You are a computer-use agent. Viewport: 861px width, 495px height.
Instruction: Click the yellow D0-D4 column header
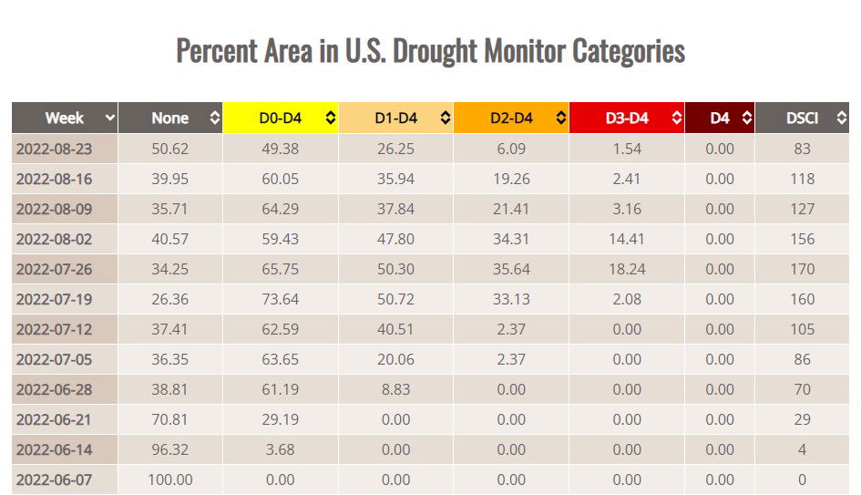280,118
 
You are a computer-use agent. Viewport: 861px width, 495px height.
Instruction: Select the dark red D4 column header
720,118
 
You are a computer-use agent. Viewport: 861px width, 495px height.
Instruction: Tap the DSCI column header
802,118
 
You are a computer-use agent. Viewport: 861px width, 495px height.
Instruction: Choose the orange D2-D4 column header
510,118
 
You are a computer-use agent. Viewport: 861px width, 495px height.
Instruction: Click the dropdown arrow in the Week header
110,118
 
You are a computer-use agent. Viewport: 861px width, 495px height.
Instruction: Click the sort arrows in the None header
215,118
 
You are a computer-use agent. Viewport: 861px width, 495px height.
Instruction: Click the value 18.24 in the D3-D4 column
627,269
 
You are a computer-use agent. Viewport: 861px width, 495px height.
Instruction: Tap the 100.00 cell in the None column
170,480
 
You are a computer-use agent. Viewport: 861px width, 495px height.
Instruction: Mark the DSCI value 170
802,269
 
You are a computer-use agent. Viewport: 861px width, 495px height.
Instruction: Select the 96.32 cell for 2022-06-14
170,449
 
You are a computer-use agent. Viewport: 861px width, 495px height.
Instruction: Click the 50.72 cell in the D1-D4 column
395,299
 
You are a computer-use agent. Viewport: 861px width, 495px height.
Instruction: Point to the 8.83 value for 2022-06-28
395,389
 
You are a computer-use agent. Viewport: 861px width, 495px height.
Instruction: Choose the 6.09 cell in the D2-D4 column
511,149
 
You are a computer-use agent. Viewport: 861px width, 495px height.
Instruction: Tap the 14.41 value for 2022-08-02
627,239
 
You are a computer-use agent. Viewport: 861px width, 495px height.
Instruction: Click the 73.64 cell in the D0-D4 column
280,299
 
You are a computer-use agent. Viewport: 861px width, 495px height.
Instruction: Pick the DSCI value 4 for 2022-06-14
802,449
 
